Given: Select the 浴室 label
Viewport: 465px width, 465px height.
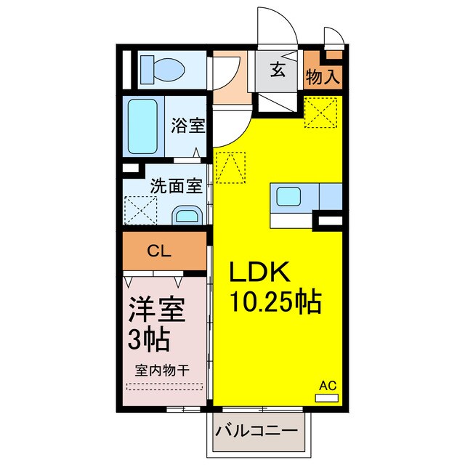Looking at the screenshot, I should tap(188, 126).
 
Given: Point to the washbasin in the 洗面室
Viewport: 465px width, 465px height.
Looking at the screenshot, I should tap(187, 215).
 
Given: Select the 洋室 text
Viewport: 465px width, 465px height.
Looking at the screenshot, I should tap(156, 310).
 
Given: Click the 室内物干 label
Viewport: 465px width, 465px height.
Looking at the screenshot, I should tap(161, 369).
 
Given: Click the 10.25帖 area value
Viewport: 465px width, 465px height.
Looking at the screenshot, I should tap(276, 301).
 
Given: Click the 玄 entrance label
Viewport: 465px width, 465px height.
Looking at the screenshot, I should tap(279, 70).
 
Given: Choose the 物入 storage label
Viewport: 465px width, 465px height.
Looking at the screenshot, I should tap(323, 76).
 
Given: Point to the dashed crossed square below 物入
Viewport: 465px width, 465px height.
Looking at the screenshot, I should tap(323, 113).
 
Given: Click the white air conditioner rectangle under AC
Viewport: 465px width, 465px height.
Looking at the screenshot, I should tap(328, 397).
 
